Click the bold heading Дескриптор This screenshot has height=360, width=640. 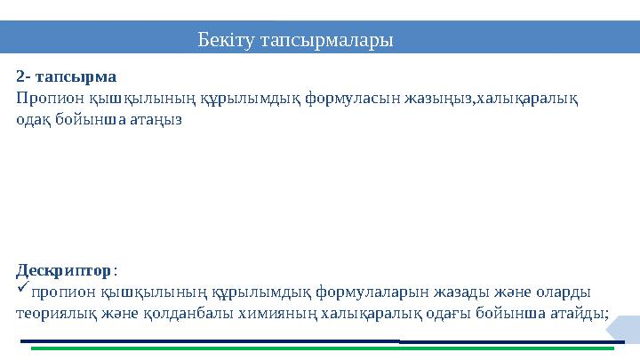64,268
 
